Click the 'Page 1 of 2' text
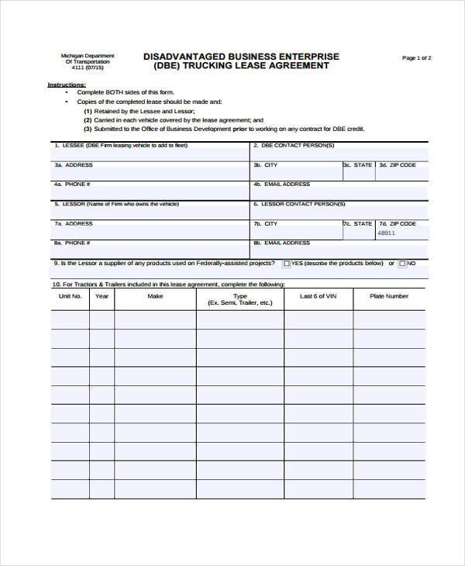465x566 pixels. point(416,58)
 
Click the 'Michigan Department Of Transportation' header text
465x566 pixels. point(88,59)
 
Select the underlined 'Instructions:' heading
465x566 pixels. point(67,84)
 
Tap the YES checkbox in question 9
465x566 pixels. point(287,264)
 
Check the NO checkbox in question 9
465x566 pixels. point(402,264)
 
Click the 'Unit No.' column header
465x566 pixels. point(71,296)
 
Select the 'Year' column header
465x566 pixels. point(102,296)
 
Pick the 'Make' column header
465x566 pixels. point(155,296)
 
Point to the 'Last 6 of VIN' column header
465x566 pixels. point(318,296)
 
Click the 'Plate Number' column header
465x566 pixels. point(388,296)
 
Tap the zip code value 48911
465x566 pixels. point(386,233)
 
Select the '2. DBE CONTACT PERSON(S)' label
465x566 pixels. point(294,145)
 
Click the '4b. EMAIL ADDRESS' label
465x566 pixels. point(281,185)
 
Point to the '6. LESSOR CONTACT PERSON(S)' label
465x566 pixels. point(298,204)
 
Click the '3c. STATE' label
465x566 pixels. point(358,165)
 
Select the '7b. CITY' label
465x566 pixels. point(265,223)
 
